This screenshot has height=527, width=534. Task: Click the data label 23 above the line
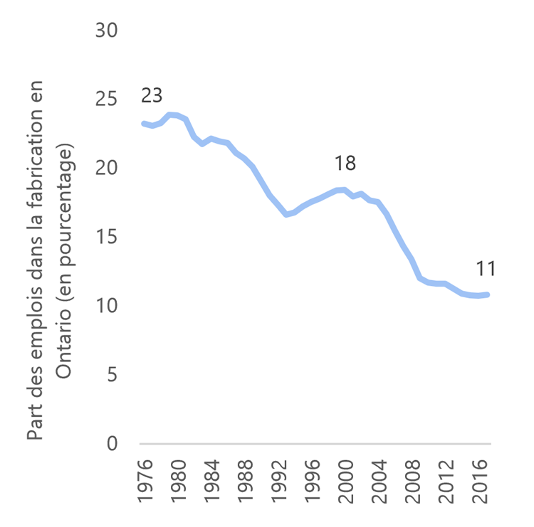(152, 95)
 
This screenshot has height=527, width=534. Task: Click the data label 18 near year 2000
(345, 164)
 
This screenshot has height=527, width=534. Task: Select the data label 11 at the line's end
(486, 269)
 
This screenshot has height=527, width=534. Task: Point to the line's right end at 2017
(488, 294)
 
